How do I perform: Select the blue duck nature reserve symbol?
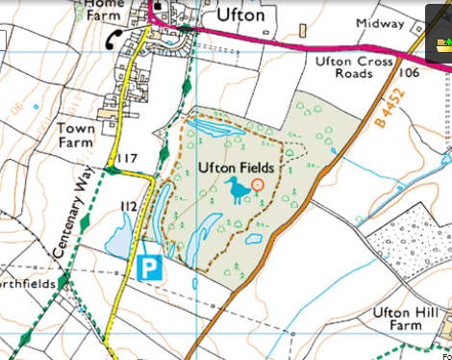point(237,192)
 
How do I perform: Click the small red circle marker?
point(257,184)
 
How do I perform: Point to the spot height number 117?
point(127,159)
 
